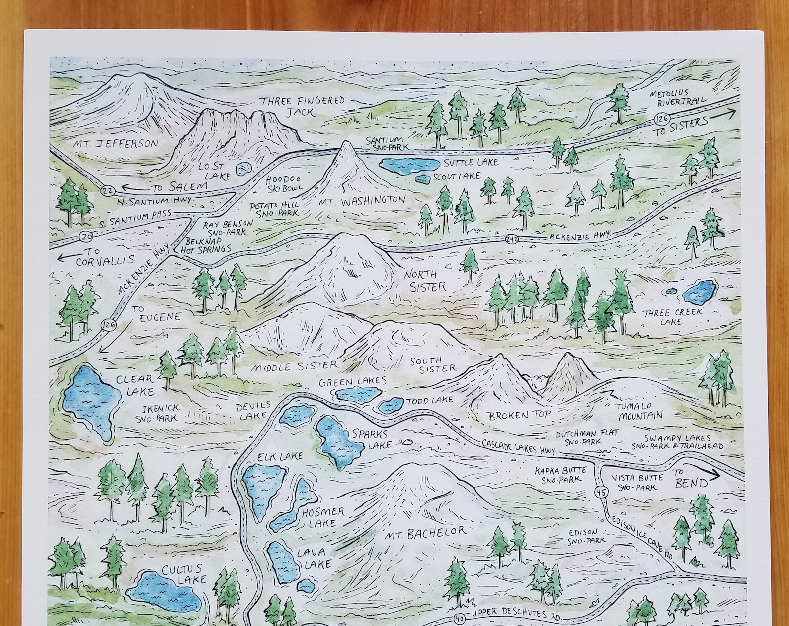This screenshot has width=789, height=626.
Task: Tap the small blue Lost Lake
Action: [243, 169]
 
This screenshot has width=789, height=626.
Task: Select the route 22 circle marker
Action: [107, 190]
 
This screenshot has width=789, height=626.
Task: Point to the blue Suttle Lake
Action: [409, 165]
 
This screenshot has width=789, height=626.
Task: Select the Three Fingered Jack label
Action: [302, 106]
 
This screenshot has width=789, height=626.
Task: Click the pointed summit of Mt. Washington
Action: [346, 144]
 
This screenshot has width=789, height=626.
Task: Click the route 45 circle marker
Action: [602, 493]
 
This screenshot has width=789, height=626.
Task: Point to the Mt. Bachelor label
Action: [426, 533]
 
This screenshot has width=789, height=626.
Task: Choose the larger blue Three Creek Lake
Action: [700, 292]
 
